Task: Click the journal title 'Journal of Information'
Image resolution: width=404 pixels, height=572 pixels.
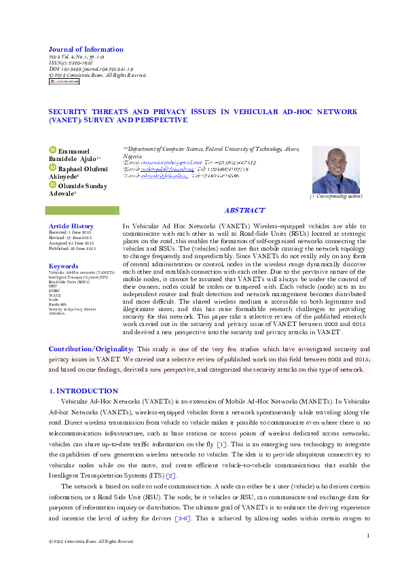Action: point(86,50)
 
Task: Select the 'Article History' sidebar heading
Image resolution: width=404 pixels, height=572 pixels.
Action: point(71,226)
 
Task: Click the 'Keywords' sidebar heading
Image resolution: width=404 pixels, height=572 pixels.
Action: point(64,266)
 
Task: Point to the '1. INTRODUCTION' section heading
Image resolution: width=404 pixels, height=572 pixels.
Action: point(84,392)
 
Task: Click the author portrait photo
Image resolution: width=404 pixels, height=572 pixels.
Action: point(336,170)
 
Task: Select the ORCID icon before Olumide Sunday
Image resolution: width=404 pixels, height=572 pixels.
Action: point(52,183)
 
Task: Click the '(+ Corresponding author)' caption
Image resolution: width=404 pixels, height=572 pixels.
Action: point(336,196)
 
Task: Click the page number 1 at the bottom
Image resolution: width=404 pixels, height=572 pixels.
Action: point(367,537)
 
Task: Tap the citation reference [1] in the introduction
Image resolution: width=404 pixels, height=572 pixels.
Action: point(221,444)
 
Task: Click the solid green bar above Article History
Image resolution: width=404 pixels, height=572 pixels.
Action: point(84,211)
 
